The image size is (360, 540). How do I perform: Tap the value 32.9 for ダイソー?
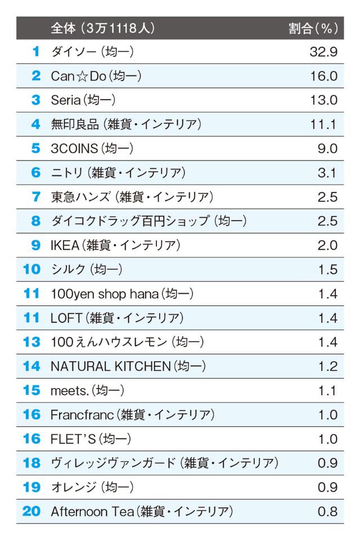323,52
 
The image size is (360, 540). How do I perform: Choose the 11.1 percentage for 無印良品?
323,125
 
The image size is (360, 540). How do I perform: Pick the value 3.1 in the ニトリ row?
327,173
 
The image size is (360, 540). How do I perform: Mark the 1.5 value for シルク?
327,270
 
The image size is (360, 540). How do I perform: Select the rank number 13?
32,343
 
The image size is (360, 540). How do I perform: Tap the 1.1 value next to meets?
327,391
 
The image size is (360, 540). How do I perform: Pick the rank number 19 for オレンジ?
32,488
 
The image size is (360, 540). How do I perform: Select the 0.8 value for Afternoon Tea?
327,512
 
